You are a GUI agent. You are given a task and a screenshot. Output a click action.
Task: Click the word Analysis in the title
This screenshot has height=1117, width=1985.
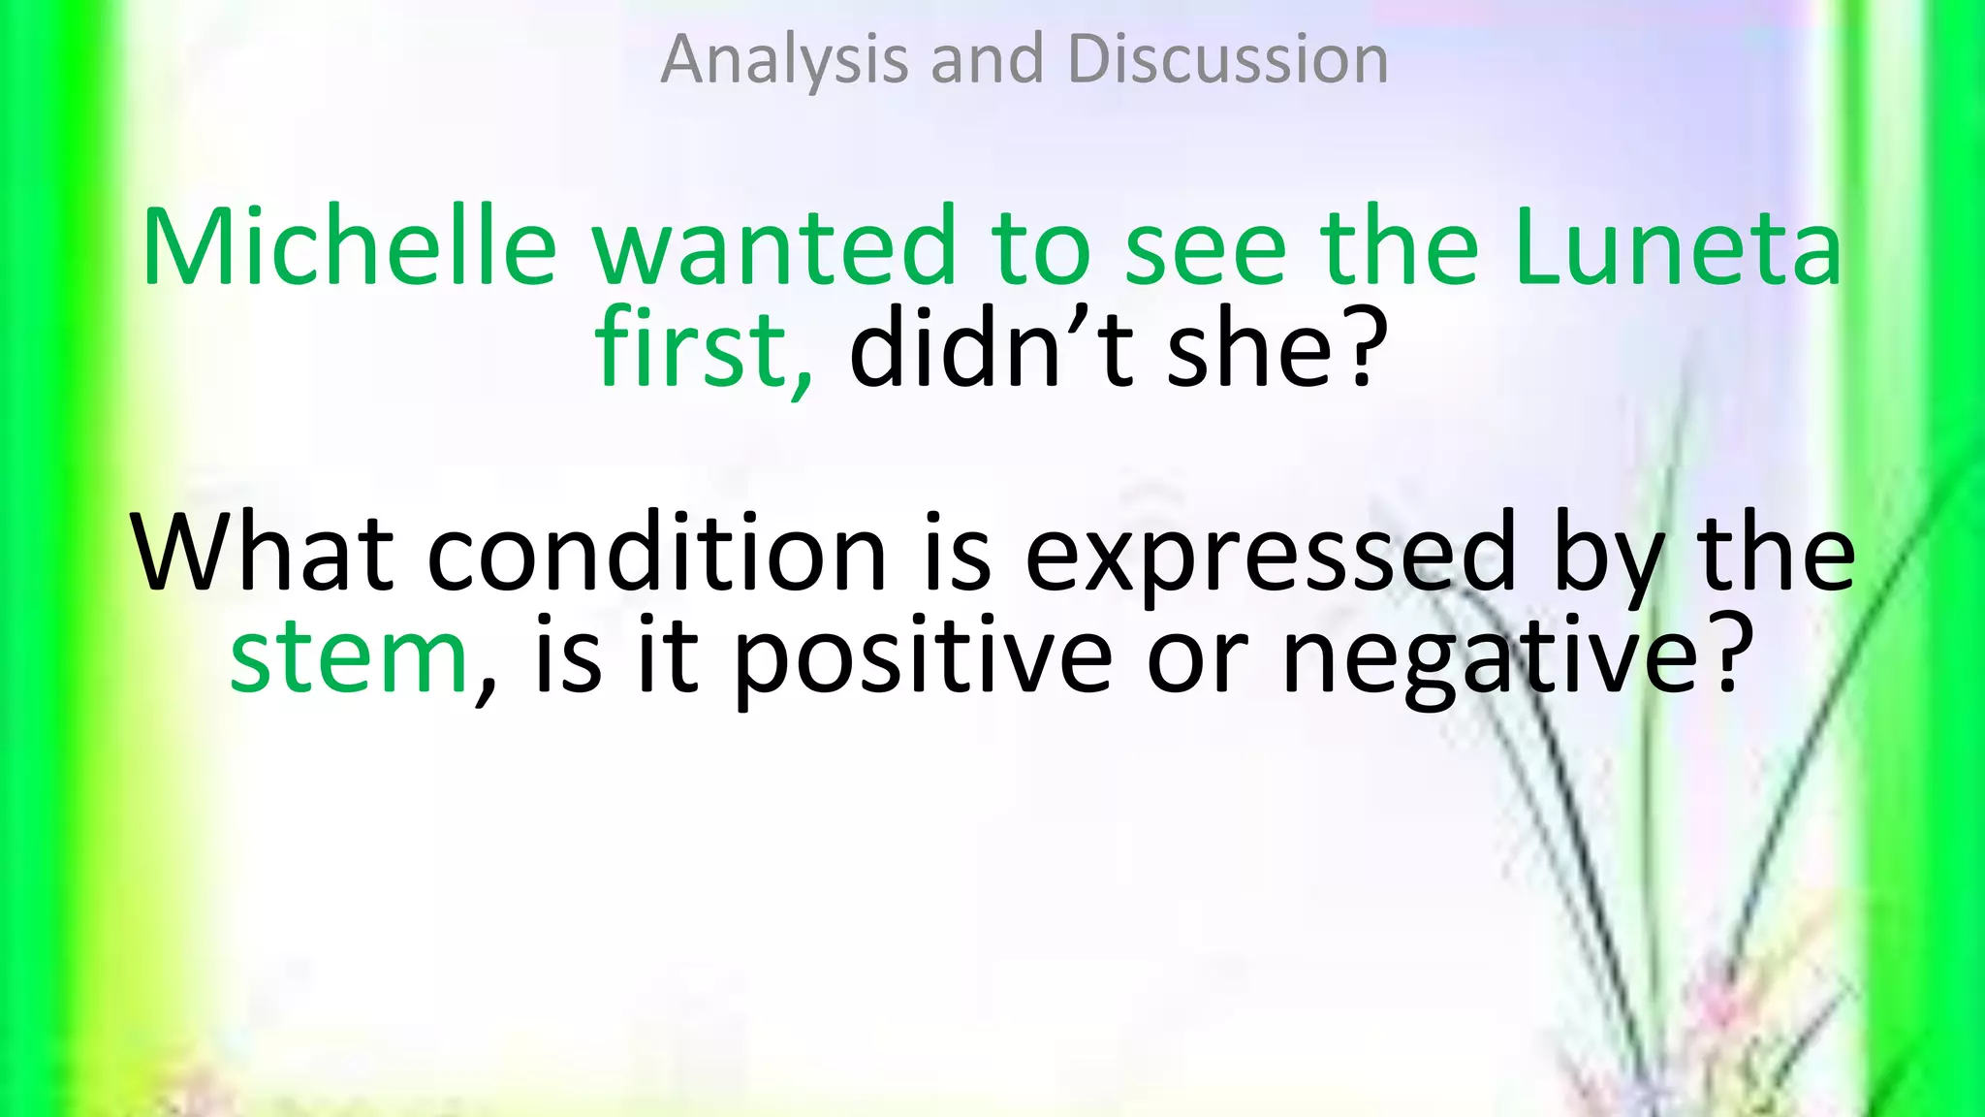[x=783, y=60]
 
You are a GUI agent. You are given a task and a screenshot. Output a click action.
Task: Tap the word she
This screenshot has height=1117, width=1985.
[x=1250, y=349]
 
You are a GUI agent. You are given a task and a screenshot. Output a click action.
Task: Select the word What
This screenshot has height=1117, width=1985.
[x=262, y=553]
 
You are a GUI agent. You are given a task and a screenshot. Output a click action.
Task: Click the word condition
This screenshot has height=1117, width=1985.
[x=656, y=553]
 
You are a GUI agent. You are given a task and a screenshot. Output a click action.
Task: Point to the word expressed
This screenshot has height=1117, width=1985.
[x=1270, y=553]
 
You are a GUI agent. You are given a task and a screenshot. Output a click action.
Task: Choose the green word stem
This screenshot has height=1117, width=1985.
[x=349, y=656]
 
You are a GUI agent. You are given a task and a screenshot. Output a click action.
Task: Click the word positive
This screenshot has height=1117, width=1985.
[x=921, y=656]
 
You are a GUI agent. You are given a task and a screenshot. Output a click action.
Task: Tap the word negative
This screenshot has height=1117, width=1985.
[x=1488, y=656]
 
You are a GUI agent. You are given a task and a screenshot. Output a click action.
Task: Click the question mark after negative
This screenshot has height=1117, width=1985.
[x=1732, y=656]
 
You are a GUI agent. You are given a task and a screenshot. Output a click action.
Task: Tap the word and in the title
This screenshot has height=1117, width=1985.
[x=987, y=60]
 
